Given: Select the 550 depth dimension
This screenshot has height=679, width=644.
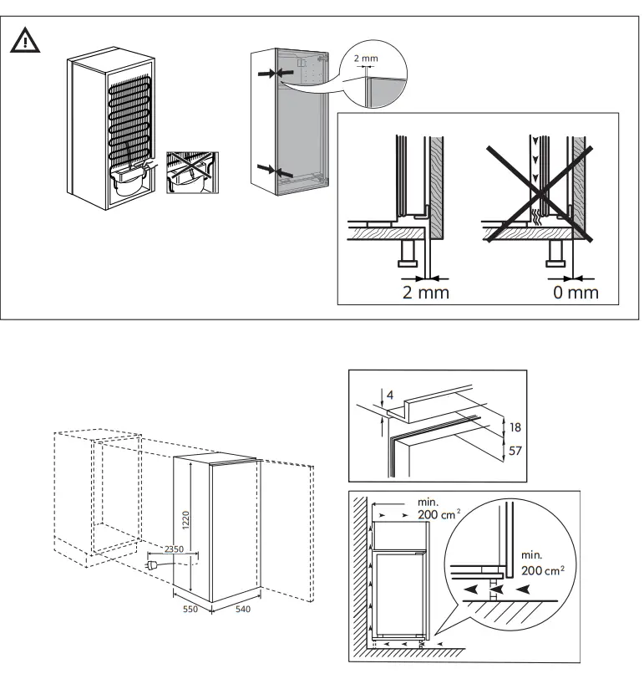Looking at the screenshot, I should [191, 610].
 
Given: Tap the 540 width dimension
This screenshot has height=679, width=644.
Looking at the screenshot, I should [242, 610].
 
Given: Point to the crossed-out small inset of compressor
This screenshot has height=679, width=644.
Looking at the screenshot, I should [191, 172].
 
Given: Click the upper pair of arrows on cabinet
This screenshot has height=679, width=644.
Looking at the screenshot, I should [273, 74].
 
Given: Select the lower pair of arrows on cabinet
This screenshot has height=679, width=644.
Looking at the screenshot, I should [273, 171].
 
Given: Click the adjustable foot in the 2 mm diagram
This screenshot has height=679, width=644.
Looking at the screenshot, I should [409, 254].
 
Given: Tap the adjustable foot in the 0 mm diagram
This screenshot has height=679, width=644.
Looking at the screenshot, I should [556, 254].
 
